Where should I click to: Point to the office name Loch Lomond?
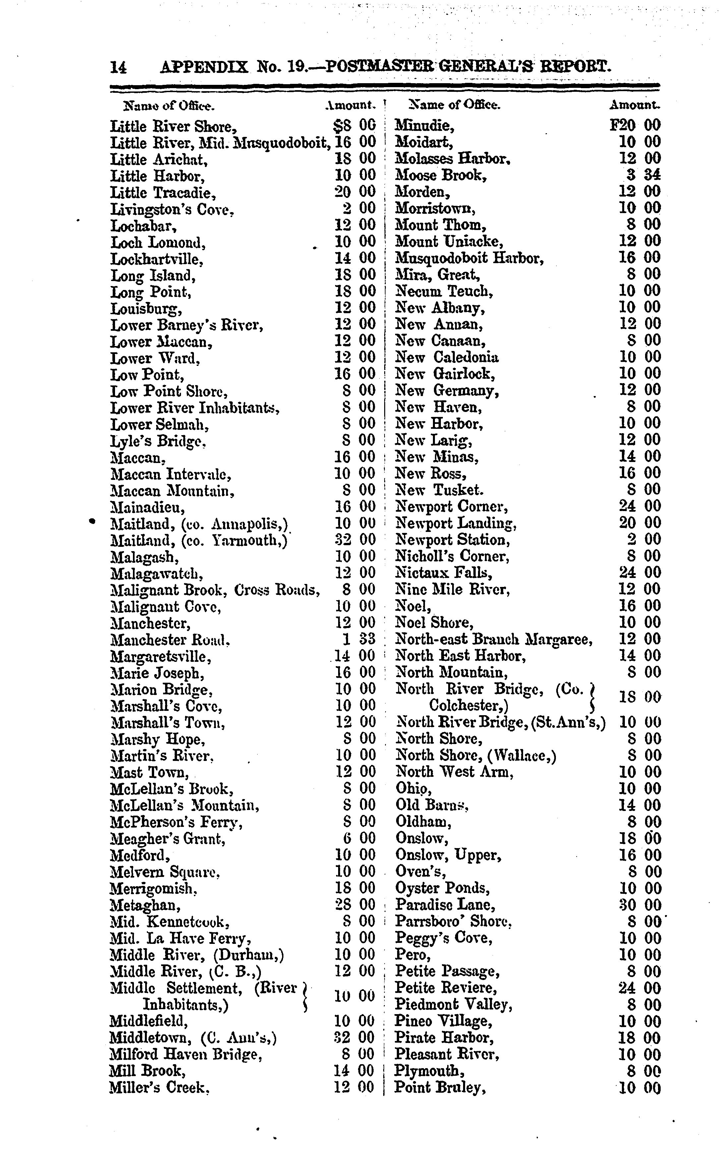(x=158, y=243)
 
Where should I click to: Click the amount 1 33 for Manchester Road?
(x=359, y=639)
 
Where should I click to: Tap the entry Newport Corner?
(x=451, y=506)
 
